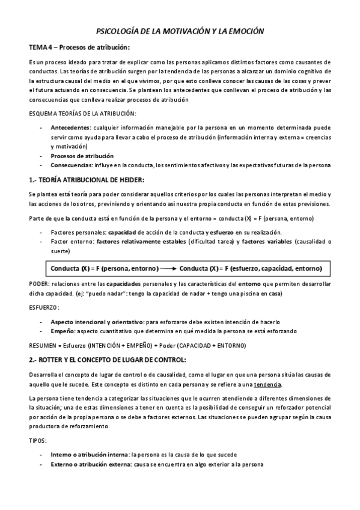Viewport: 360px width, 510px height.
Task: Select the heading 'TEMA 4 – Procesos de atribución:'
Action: tap(79, 48)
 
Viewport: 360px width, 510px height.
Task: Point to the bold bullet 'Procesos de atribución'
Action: tap(82, 155)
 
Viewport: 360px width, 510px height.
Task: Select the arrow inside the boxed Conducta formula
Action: tap(169, 268)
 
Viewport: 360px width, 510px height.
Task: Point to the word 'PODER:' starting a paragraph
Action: tap(40, 283)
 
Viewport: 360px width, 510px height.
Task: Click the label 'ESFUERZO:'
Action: tap(44, 307)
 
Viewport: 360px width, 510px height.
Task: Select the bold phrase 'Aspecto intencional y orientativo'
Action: tap(96, 322)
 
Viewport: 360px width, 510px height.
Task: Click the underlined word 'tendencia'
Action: tap(267, 384)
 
